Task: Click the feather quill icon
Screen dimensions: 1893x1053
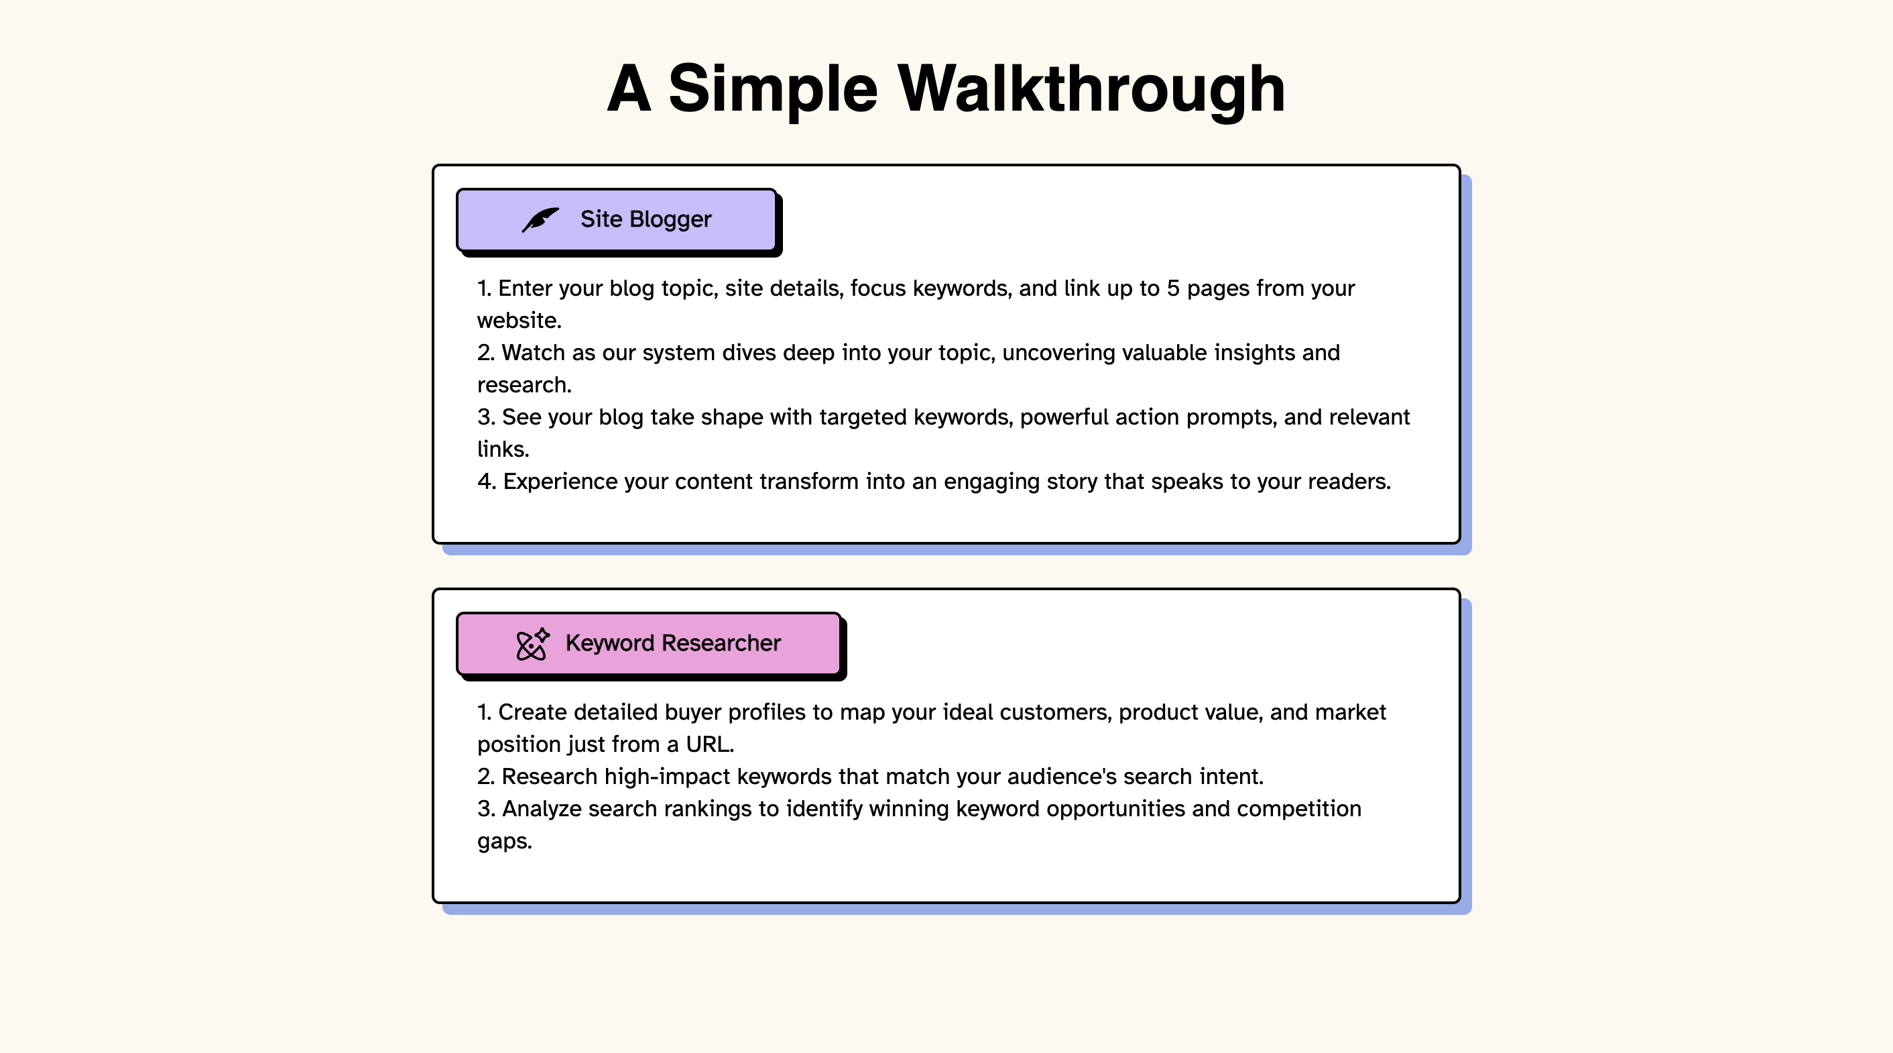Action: click(540, 219)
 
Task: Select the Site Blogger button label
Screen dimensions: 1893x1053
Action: click(646, 219)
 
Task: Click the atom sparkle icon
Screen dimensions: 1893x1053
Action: click(533, 644)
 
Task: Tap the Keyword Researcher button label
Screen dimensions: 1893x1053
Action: click(673, 643)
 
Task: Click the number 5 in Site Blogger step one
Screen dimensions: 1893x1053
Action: click(1173, 288)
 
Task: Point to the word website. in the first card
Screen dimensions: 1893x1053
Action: click(520, 321)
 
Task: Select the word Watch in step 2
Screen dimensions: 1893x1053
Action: click(534, 353)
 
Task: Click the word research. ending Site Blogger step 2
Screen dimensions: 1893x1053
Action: click(524, 385)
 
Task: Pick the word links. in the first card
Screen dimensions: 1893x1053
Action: click(503, 449)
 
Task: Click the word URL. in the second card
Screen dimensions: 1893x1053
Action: click(710, 745)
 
